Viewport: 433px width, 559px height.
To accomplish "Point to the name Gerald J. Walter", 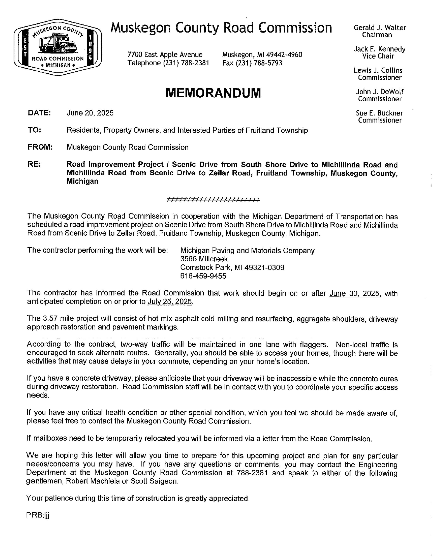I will pyautogui.click(x=380, y=28).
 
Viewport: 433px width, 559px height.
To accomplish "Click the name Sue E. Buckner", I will pyautogui.click(x=379, y=113).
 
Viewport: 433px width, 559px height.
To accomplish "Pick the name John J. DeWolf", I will pyautogui.click(x=380, y=92).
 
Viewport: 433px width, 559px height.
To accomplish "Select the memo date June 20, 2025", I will pyautogui.click(x=90, y=113).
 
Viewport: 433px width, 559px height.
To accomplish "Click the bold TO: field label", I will pyautogui.click(x=34, y=130).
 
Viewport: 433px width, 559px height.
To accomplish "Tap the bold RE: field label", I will pyautogui.click(x=34, y=164).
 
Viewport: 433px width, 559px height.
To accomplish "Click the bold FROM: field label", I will pyautogui.click(x=40, y=147).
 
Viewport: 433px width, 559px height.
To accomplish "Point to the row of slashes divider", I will pyautogui.click(x=213, y=199).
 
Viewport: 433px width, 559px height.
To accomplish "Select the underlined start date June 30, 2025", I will pyautogui.click(x=355, y=293).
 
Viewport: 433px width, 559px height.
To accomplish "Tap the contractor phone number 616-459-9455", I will pyautogui.click(x=203, y=276).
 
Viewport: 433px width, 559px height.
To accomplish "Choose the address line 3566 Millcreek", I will pyautogui.click(x=204, y=259).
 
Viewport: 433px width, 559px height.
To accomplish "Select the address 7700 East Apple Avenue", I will pyautogui.click(x=165, y=55).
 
